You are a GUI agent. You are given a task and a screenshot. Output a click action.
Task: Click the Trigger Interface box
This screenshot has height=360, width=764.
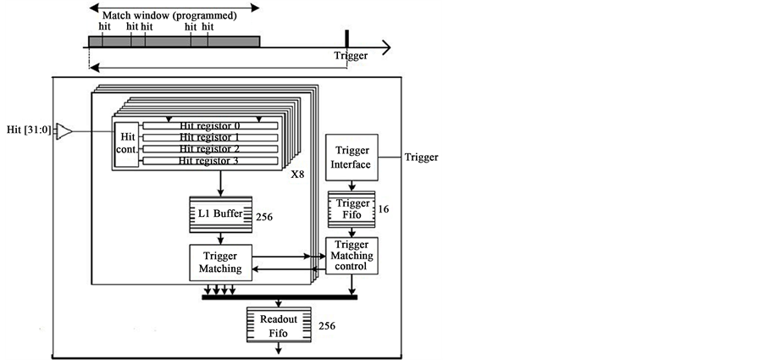[352, 157]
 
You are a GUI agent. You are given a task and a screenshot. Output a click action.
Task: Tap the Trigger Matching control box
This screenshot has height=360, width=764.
[352, 255]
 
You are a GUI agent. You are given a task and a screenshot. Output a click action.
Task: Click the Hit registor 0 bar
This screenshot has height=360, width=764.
[210, 126]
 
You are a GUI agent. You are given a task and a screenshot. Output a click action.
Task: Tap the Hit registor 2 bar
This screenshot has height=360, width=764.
[210, 149]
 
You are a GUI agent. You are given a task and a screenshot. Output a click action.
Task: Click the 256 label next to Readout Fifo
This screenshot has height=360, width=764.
[328, 326]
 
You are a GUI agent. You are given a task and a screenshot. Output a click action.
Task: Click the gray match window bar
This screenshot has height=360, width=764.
[174, 42]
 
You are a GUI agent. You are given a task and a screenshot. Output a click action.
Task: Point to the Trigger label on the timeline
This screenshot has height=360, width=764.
[351, 57]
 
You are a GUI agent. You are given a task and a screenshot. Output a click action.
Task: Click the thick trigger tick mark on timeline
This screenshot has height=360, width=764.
[346, 39]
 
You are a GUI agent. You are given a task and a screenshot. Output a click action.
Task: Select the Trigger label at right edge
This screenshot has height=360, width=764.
[422, 158]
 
